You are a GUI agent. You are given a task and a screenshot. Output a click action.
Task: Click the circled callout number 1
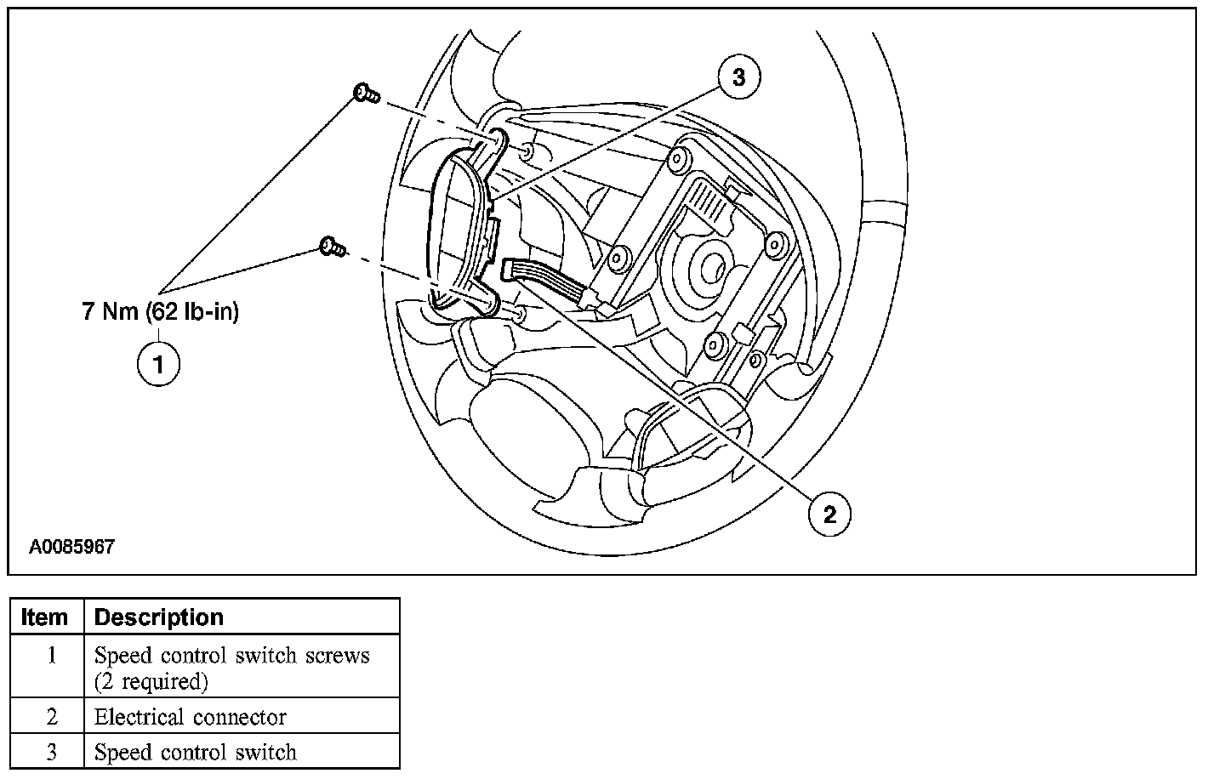point(159,364)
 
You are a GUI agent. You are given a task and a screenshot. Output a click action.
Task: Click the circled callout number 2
point(829,513)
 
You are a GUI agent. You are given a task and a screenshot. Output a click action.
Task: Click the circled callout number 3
point(738,77)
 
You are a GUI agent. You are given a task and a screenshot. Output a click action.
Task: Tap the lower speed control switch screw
point(333,247)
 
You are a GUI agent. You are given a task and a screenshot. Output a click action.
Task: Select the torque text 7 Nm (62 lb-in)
point(161,312)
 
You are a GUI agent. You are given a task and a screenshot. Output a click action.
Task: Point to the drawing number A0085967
point(71,547)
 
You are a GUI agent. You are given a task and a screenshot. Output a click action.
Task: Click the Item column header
point(45,617)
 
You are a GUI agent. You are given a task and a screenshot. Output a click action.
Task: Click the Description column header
point(159,617)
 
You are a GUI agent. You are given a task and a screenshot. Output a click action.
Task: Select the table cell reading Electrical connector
point(191,717)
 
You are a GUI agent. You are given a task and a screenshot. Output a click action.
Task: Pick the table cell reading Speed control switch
point(196,753)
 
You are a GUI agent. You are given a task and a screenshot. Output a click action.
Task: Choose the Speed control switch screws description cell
point(232,657)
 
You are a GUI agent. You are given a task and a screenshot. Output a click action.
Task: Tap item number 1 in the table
point(51,657)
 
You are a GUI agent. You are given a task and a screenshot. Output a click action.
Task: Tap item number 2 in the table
point(51,717)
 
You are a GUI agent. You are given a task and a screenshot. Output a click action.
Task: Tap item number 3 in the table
point(51,753)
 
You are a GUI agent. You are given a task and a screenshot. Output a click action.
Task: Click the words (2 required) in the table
point(151,681)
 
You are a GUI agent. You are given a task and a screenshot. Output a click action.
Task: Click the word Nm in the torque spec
point(120,312)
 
